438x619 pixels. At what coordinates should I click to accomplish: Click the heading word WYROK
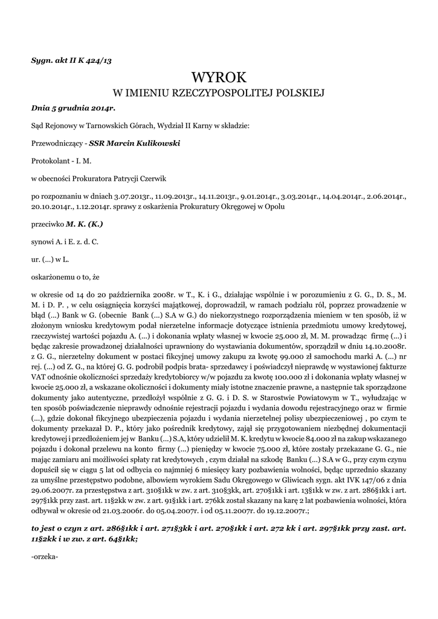(x=219, y=77)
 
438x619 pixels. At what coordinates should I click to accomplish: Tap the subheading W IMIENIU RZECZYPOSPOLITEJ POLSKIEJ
(x=219, y=93)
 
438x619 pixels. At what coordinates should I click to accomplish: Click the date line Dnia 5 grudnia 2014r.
(x=72, y=108)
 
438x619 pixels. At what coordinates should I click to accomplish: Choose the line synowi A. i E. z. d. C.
(x=65, y=242)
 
